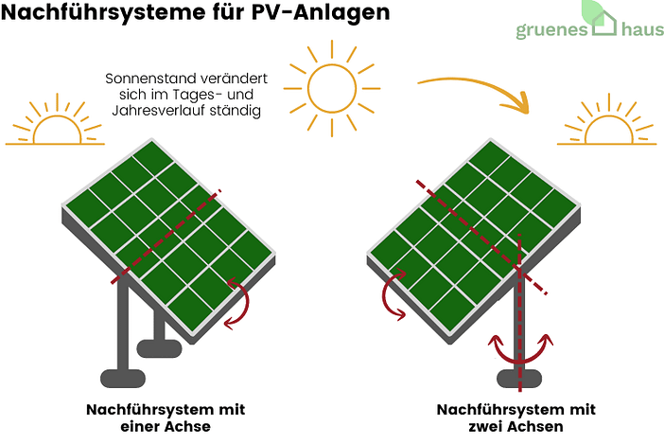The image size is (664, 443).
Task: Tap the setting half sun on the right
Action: [606, 127]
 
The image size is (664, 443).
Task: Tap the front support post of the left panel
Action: [122, 331]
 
